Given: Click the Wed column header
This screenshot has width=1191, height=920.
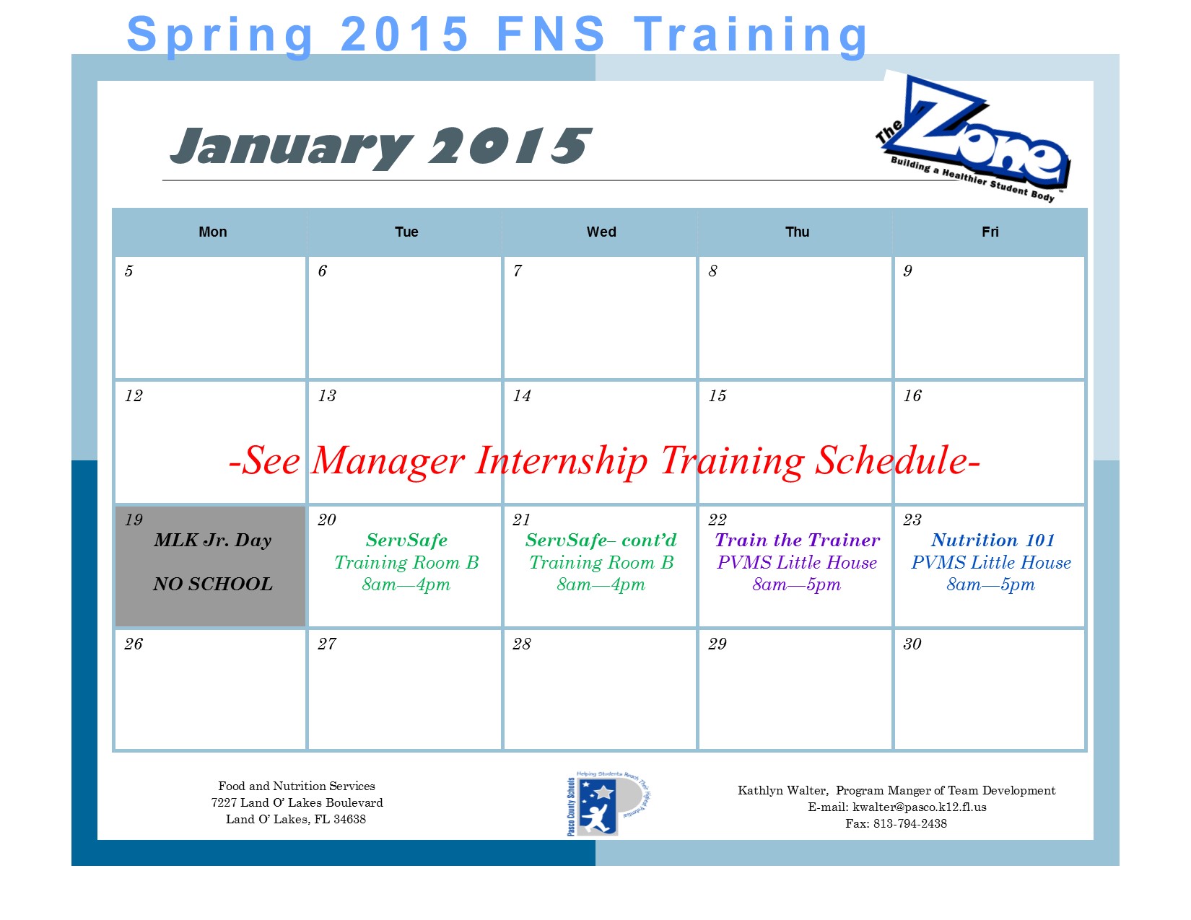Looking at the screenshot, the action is (601, 232).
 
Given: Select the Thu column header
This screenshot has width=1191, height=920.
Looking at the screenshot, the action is (797, 232).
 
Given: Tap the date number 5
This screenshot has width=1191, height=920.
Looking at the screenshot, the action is (128, 271).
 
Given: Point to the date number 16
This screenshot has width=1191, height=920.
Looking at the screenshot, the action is (912, 395).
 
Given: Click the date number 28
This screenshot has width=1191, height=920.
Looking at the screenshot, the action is (522, 644).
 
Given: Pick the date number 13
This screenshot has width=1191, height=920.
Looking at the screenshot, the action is (327, 395).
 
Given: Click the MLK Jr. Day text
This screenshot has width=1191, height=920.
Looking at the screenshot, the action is (213, 540).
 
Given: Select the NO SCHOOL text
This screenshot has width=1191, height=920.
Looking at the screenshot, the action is (213, 584).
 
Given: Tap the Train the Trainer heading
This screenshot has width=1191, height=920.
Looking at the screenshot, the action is (797, 540).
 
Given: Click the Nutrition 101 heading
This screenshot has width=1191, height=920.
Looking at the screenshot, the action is (992, 540).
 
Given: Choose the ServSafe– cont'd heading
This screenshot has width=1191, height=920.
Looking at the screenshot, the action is (601, 540).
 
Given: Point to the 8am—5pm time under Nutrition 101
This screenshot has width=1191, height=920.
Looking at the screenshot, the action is (991, 584).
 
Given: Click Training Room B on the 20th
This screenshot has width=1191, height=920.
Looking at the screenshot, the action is (406, 563).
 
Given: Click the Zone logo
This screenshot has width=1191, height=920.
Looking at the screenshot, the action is (972, 137).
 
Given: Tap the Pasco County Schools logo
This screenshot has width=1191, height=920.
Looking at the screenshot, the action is (607, 804).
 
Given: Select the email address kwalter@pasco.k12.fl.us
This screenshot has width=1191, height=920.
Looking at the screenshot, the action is (919, 807).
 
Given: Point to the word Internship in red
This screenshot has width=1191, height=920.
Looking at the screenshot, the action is (562, 461).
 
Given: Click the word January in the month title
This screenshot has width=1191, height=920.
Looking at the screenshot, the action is (291, 147).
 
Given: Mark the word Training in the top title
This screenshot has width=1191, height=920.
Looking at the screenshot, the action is (751, 35).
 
